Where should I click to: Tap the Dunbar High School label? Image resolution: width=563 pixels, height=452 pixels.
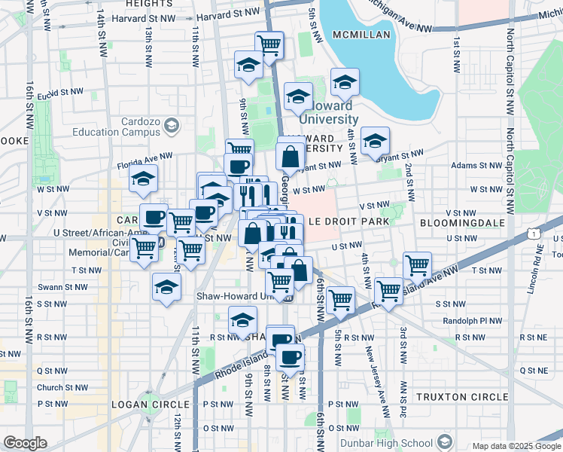(386, 443)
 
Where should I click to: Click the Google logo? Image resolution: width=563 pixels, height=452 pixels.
(25, 443)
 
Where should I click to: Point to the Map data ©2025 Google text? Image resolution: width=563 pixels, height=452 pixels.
(516, 445)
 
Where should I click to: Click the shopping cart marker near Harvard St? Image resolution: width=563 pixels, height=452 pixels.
(269, 44)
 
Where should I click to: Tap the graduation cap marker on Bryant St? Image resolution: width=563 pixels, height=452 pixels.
(375, 141)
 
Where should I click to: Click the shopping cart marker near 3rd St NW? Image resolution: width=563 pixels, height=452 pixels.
(417, 265)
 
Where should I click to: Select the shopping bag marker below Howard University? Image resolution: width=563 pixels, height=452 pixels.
(290, 157)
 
